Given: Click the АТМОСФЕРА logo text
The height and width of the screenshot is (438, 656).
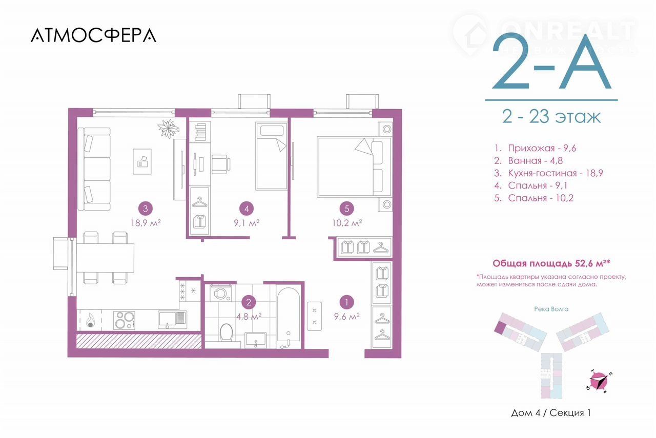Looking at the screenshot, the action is tap(93, 35).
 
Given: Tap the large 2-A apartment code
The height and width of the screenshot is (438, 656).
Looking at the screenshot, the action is tap(551, 62).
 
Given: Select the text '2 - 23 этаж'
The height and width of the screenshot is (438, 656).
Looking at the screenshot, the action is tap(551, 117).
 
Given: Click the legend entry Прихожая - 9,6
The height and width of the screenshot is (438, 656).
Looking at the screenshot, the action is tap(535, 149).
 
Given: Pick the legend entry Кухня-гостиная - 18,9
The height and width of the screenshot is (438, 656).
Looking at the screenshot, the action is tap(548, 173).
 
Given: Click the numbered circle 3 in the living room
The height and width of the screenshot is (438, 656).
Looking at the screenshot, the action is tap(146, 208).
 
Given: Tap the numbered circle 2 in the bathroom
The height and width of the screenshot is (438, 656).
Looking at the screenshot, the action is tap(249, 302).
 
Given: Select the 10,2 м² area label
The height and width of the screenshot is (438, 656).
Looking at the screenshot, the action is tap(347, 223).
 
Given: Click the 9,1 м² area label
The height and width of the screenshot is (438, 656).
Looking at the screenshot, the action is tap(247, 223).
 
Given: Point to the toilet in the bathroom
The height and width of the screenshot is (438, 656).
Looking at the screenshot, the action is tap(226, 332).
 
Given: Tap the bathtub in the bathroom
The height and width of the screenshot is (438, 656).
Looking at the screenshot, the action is tap(289, 319).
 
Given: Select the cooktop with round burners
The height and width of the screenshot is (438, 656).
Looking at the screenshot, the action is tap(124, 320).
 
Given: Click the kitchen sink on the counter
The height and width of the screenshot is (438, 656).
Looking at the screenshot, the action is tap(172, 320).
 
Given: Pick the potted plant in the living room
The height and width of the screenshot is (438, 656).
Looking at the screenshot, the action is tap(169, 129).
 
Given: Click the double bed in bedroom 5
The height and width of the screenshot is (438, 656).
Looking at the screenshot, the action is tap(354, 166).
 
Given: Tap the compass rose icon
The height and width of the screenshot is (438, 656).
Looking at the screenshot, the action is tap(598, 382).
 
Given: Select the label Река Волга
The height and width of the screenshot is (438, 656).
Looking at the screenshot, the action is tap(551, 309).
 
